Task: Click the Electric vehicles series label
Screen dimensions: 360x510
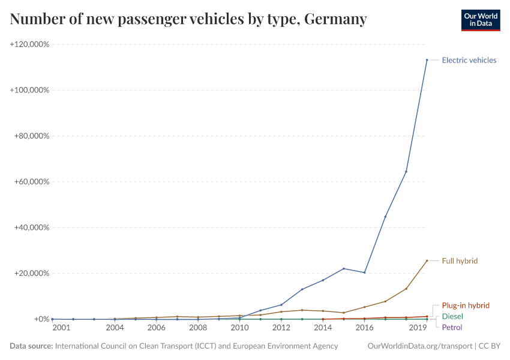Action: click(x=469, y=60)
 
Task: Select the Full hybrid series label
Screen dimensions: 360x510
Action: click(x=460, y=261)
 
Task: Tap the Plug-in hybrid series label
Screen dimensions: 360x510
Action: click(x=466, y=305)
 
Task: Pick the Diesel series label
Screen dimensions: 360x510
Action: click(x=452, y=316)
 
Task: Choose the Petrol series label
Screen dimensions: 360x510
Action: click(x=452, y=327)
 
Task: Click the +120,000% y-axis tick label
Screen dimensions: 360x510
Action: click(x=29, y=44)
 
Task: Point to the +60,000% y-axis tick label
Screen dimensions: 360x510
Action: click(x=31, y=182)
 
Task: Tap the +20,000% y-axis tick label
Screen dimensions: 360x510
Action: click(x=31, y=274)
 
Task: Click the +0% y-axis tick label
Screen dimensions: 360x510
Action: click(x=40, y=319)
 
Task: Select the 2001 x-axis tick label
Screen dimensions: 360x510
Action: click(x=61, y=328)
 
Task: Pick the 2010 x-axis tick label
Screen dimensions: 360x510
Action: click(x=239, y=328)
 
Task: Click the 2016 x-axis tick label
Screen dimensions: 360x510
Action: click(x=364, y=328)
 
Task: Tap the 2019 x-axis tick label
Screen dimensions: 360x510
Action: click(x=418, y=328)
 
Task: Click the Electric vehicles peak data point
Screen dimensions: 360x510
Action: click(x=427, y=60)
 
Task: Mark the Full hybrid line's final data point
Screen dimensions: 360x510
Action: click(x=427, y=261)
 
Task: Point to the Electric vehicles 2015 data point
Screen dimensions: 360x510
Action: click(x=343, y=268)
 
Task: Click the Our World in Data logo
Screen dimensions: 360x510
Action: click(x=480, y=20)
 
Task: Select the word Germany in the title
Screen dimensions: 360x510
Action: click(x=335, y=19)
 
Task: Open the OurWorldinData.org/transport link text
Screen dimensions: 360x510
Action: click(x=419, y=346)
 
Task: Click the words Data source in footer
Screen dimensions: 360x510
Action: click(x=31, y=346)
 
